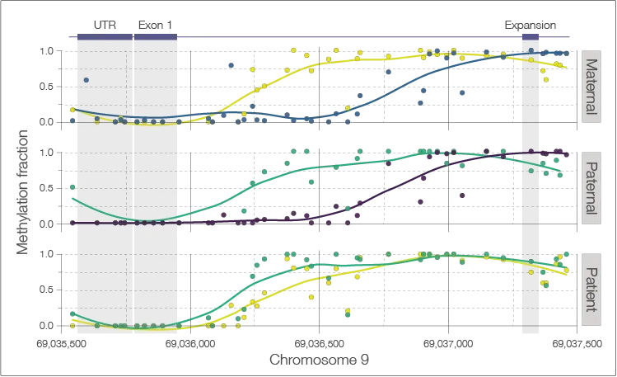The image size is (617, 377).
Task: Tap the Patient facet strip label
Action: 590,289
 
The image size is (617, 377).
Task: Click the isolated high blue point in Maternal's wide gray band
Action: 86,79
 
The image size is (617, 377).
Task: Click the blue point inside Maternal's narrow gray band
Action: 531,53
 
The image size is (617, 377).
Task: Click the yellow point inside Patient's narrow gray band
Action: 531,271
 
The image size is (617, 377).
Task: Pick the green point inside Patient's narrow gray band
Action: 531,264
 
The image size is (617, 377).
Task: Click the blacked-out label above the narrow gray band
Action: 530,26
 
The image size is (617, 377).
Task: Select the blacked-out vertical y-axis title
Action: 22,190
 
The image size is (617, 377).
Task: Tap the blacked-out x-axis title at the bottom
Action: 318,360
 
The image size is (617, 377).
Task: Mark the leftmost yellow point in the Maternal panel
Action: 73,110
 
